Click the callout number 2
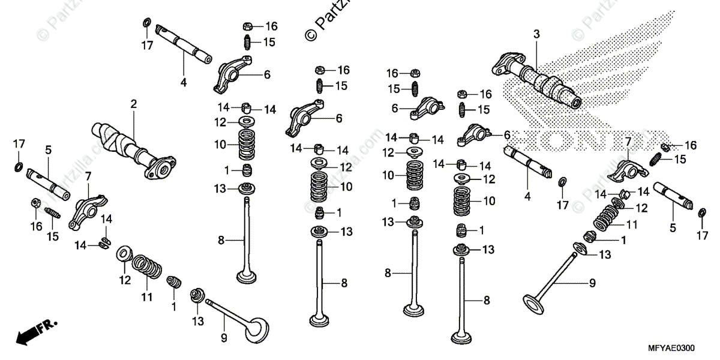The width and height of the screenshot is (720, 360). click(x=133, y=104)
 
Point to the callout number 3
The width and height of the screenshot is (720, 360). click(x=536, y=34)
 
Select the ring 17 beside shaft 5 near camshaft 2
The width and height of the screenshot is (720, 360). click(x=19, y=164)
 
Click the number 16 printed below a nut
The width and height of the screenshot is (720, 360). click(x=36, y=226)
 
